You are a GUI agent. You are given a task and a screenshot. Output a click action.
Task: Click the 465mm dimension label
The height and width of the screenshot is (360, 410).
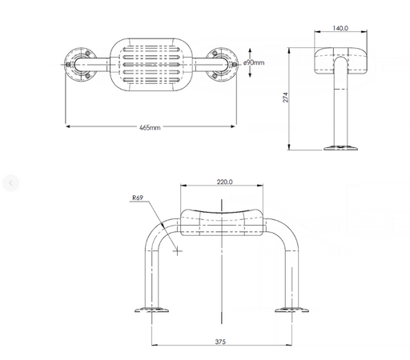(150, 127)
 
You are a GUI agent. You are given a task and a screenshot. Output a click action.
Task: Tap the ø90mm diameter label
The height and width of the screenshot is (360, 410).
(254, 62)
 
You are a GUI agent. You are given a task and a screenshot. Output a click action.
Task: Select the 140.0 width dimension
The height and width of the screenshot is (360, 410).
(340, 28)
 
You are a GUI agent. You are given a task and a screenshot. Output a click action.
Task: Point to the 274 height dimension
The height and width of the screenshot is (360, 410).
(286, 98)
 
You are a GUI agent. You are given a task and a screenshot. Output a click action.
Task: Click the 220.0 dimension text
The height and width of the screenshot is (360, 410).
(224, 182)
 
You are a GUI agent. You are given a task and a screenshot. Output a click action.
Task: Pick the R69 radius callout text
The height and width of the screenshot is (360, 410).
(138, 198)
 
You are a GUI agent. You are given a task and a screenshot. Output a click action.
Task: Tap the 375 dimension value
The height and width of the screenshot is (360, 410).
(220, 342)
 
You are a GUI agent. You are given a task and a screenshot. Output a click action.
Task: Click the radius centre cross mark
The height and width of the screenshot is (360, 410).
(177, 251)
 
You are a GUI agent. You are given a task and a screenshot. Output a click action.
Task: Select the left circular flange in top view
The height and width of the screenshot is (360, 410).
(81, 65)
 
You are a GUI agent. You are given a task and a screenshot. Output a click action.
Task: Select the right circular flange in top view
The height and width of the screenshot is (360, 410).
(221, 65)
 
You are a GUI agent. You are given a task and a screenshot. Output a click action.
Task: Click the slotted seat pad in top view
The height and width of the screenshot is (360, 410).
(151, 65)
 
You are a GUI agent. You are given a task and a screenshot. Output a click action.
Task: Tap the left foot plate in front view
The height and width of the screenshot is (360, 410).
(151, 310)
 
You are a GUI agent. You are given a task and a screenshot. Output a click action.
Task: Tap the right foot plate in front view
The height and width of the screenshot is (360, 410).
(291, 310)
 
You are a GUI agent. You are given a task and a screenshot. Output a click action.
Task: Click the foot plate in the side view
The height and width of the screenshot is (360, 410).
(340, 147)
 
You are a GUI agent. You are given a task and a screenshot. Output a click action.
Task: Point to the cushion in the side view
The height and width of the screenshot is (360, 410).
(340, 61)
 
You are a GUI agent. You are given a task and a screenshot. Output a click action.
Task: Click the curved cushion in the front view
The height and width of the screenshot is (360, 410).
(222, 223)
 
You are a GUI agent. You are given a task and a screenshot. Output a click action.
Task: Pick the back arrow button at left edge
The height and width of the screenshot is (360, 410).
(10, 183)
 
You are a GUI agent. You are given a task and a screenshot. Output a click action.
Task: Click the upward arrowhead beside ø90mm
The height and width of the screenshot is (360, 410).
(250, 50)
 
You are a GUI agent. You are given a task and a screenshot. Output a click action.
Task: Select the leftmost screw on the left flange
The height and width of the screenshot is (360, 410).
(68, 65)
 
